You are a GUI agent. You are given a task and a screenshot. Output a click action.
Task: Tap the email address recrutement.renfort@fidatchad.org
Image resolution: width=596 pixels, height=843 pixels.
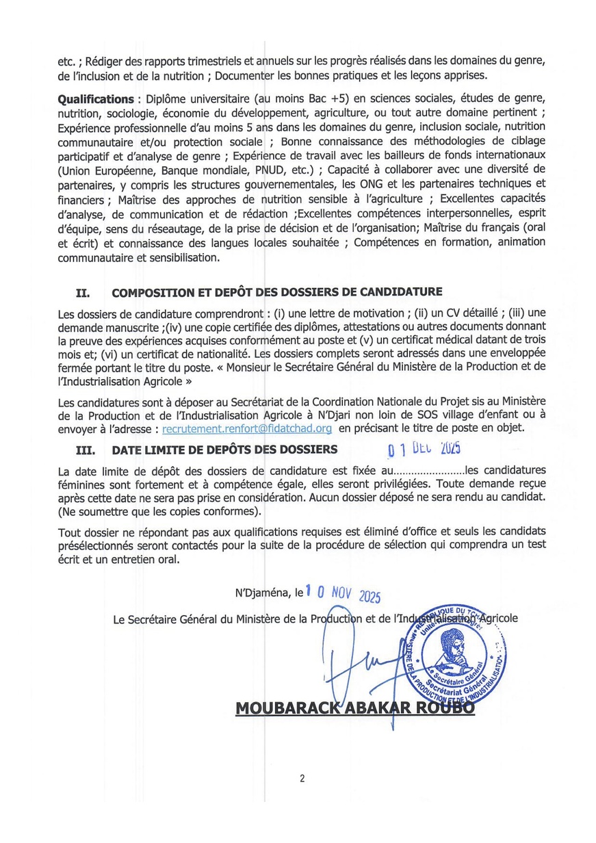(x=247, y=428)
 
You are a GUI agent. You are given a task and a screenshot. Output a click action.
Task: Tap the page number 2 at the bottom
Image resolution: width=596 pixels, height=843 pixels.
(x=301, y=779)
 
